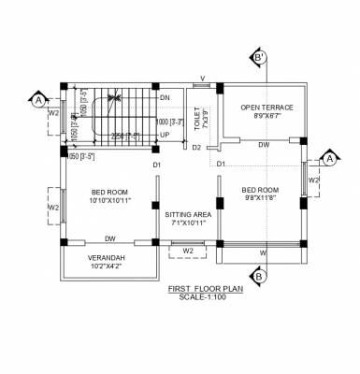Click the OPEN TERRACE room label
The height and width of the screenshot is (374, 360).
tap(266, 107)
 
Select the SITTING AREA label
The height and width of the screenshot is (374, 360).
tap(189, 214)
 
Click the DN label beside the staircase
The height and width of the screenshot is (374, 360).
tap(164, 97)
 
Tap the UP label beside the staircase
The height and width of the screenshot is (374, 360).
tap(165, 135)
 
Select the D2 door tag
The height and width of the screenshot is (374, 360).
tap(196, 148)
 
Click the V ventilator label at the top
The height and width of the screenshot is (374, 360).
tap(202, 79)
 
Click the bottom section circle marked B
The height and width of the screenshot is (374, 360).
tap(260, 275)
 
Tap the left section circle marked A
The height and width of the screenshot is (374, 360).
tap(37, 97)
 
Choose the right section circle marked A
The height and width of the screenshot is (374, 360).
tap(329, 159)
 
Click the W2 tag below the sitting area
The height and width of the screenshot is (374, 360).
tap(188, 251)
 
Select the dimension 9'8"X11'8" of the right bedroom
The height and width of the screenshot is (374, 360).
tap(263, 197)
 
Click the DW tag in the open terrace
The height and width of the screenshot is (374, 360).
tap(265, 145)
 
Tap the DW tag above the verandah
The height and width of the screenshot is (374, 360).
tap(110, 238)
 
